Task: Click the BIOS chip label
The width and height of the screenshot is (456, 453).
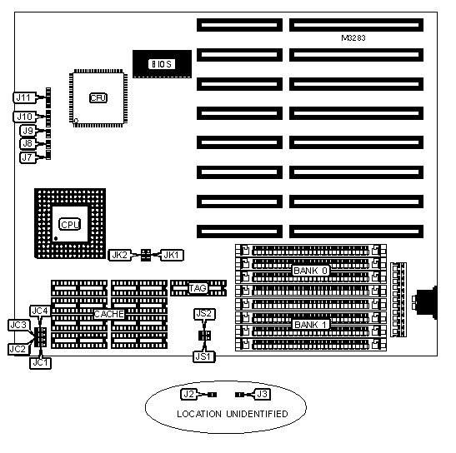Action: point(162,64)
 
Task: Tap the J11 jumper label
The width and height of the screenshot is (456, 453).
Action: point(24,97)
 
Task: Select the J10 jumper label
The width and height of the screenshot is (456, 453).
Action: point(24,117)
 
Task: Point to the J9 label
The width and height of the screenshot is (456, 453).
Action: point(28,131)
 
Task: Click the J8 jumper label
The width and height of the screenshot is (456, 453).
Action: point(28,143)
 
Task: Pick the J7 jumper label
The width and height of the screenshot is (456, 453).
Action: point(28,157)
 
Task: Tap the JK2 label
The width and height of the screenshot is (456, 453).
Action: point(120,255)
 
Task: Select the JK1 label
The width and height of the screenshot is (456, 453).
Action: point(173,255)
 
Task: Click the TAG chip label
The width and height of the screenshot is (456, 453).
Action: point(198,288)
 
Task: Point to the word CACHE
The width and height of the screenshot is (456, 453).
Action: point(109,314)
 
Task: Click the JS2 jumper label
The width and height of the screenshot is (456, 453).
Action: point(204,314)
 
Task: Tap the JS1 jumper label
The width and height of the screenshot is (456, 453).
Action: point(204,356)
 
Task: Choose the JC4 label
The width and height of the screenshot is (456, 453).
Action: point(40,311)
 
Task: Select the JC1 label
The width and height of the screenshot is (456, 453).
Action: point(40,363)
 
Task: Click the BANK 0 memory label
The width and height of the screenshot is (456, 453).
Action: point(311,271)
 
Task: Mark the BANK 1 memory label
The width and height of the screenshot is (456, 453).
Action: point(311,324)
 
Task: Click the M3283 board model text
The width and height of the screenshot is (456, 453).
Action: point(353,38)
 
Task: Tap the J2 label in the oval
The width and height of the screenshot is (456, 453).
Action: point(189,395)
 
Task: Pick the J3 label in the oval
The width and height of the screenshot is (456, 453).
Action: point(263,395)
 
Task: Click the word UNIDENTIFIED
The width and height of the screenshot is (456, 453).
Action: point(257,414)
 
